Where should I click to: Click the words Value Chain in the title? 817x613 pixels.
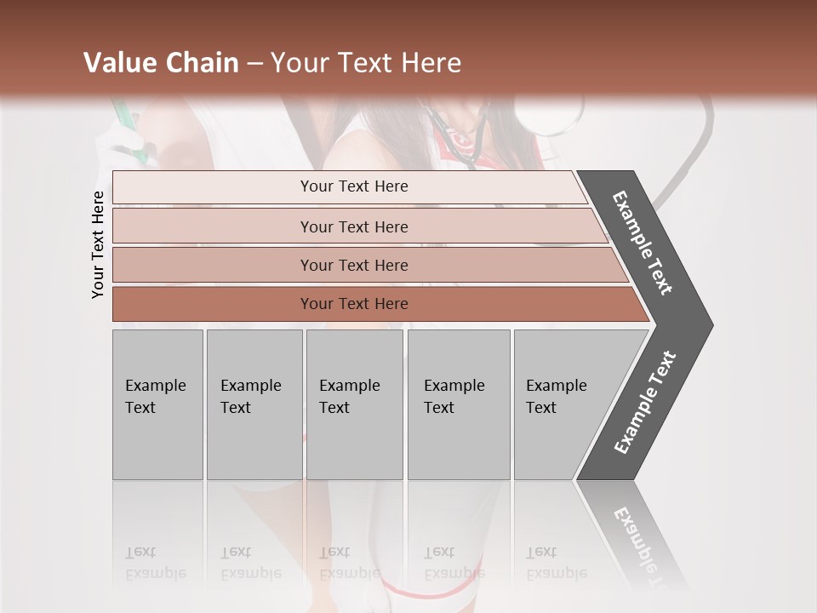click(x=161, y=63)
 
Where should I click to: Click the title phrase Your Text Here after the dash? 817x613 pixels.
click(x=365, y=63)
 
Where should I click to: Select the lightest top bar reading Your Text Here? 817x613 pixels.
click(x=353, y=186)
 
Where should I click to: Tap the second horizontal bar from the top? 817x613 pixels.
click(x=353, y=226)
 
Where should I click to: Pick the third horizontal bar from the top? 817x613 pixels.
click(x=353, y=265)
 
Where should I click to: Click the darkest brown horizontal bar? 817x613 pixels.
click(x=353, y=304)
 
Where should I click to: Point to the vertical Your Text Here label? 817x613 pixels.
click(x=98, y=245)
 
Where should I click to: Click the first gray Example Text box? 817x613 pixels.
click(x=157, y=404)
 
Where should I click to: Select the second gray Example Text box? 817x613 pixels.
click(x=254, y=404)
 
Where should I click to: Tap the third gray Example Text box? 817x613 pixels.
click(x=353, y=404)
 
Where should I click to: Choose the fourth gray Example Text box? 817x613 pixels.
click(x=458, y=404)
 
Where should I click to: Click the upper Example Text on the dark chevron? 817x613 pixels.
click(x=643, y=242)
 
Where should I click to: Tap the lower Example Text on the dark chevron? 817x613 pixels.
click(x=644, y=403)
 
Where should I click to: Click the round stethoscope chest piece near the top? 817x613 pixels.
click(x=551, y=115)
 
